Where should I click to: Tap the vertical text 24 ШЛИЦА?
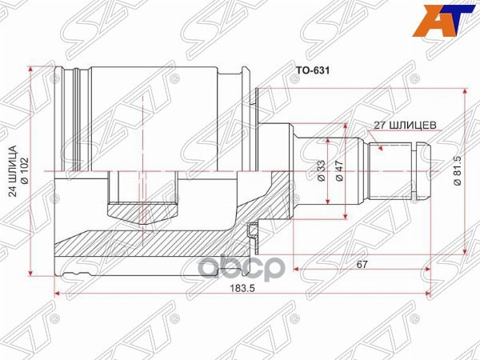(x=13, y=171)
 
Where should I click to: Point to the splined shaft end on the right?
(x=404, y=170)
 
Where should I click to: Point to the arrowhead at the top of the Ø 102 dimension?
(x=32, y=69)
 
